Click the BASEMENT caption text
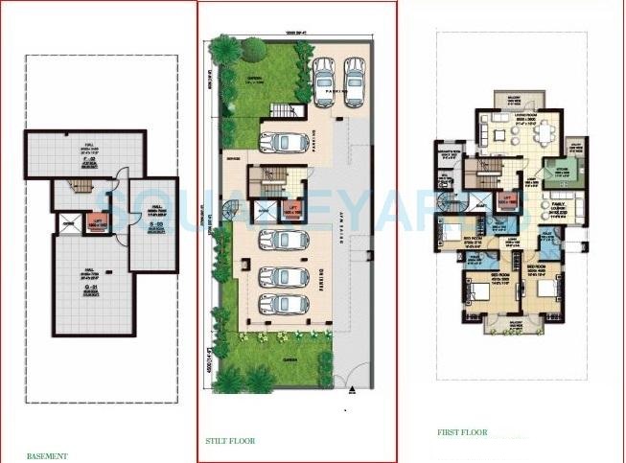47,455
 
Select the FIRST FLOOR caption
458,433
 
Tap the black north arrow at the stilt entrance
352,387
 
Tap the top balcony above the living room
508,101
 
